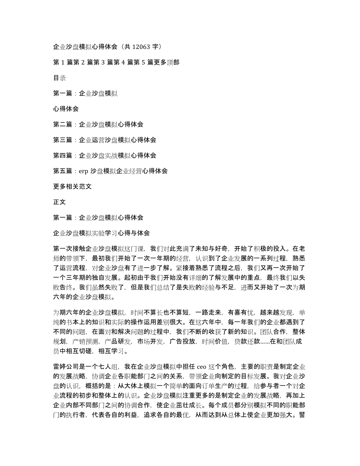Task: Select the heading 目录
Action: [x=59, y=78]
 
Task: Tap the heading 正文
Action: [x=59, y=202]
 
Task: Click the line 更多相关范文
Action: [x=72, y=187]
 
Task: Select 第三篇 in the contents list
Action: [x=63, y=140]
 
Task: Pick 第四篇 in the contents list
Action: [x=63, y=156]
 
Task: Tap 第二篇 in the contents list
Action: [x=63, y=124]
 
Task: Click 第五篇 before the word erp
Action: [x=63, y=171]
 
